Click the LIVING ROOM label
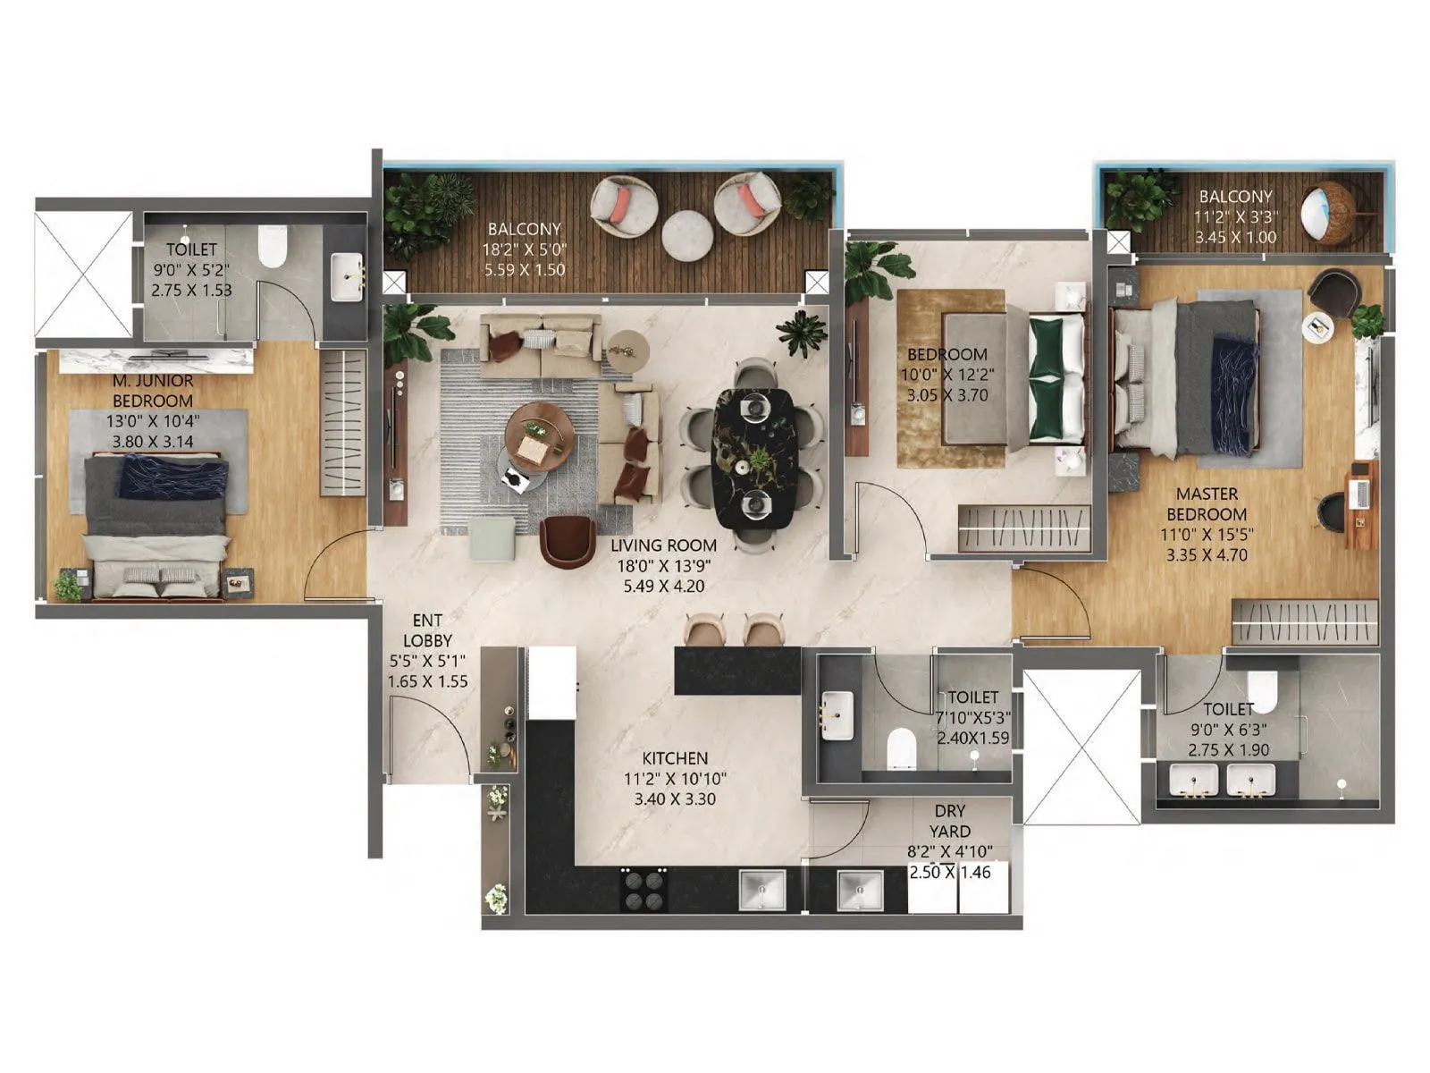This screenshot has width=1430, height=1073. tap(663, 545)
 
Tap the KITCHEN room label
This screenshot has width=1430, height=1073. tap(675, 758)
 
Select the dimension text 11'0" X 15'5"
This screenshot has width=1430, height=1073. tap(1207, 535)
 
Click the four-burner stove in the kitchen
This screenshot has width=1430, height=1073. tap(643, 890)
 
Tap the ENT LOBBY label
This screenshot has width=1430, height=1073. tap(427, 630)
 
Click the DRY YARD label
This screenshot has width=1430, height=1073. tap(950, 821)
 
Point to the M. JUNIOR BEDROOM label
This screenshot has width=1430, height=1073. tap(153, 391)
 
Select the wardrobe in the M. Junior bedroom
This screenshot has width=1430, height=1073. tap(343, 423)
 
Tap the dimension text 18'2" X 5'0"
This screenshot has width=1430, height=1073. tap(525, 249)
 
